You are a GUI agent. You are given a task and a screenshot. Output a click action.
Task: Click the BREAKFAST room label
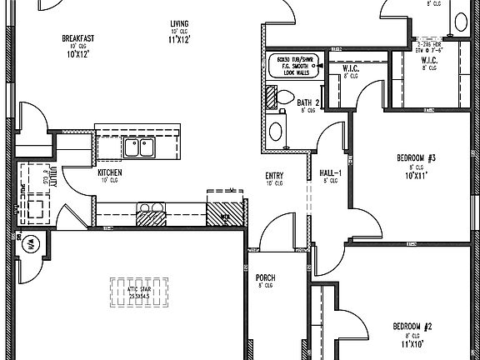(77, 38)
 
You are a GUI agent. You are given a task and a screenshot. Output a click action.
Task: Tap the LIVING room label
(179, 23)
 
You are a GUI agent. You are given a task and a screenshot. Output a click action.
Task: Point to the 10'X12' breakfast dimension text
(77, 54)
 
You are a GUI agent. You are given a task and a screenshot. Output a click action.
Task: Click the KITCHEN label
(110, 173)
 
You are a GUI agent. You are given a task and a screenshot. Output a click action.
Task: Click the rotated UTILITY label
(52, 176)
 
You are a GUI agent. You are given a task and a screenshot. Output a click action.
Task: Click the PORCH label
(265, 277)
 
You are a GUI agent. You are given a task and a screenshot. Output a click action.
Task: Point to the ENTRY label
(273, 175)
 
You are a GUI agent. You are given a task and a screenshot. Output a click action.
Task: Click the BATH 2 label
(308, 102)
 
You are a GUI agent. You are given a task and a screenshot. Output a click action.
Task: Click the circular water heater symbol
(27, 246)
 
